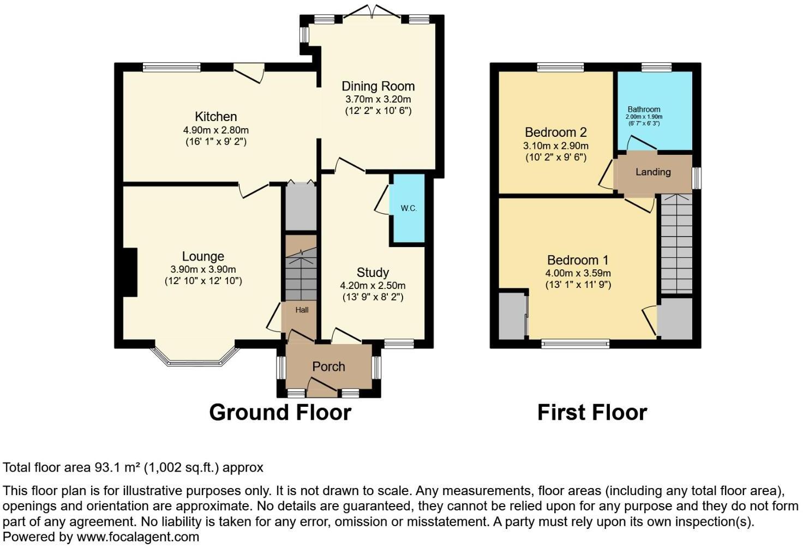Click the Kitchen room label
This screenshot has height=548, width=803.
216,117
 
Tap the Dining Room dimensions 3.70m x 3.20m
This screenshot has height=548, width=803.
378,99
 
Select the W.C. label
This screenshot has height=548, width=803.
409,208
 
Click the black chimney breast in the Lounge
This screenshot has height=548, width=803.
130,273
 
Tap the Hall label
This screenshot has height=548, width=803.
302,310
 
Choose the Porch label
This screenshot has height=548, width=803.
328,366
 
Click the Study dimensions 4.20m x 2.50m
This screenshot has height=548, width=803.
373,286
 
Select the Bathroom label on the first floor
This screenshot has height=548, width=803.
644,109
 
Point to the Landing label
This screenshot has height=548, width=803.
653,172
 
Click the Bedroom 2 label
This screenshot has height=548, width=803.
556,133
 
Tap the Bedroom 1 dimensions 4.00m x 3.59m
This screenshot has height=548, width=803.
578,273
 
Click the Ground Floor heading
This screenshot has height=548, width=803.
280,412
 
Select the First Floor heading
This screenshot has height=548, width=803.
592,412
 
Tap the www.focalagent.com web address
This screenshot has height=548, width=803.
138,537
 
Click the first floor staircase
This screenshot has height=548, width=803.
676,244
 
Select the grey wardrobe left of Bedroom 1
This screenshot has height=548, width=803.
513,316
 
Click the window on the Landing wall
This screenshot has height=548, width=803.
696,178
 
